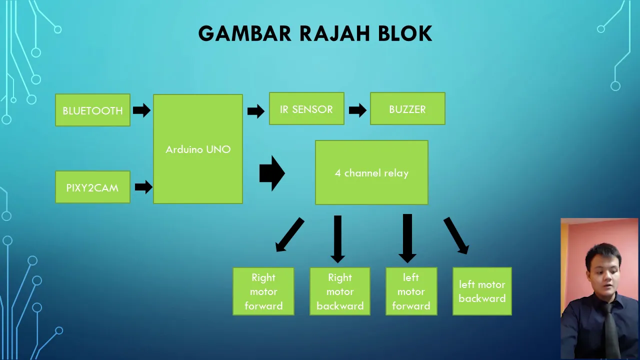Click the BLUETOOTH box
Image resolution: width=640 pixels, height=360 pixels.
(92, 110)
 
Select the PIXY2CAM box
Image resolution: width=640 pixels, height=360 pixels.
(92, 187)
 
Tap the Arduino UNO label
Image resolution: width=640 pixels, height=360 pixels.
(198, 149)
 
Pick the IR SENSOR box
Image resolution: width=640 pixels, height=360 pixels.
(306, 108)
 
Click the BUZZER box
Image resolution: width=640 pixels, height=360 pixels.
(407, 108)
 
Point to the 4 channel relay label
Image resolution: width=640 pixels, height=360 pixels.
(371, 173)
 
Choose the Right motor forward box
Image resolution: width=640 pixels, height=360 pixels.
(263, 291)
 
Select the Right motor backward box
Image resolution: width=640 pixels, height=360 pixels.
(340, 291)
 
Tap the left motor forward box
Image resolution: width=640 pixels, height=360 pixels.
(411, 291)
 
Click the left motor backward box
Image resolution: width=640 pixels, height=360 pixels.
(482, 291)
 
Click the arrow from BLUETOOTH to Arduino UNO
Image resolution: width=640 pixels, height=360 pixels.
(141, 110)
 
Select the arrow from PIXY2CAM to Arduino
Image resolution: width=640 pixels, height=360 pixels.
(143, 187)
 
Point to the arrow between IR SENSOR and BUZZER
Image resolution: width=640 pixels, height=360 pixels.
(357, 110)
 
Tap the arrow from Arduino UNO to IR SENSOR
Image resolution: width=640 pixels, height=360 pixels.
(256, 111)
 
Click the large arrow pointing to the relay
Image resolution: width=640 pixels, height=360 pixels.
(272, 173)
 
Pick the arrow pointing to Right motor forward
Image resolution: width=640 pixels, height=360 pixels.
(289, 235)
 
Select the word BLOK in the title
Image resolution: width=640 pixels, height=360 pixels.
(405, 33)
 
